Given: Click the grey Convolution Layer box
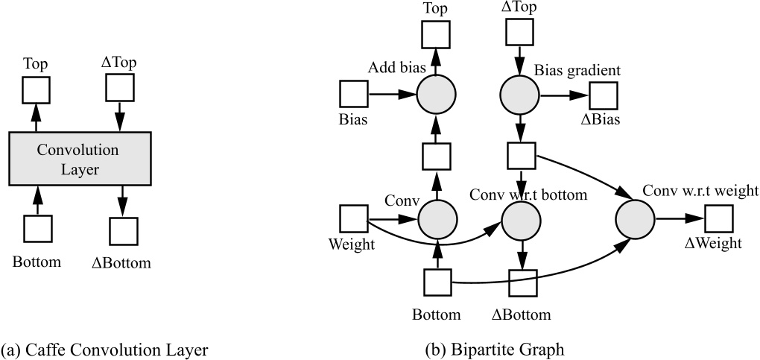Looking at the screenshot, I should [x=80, y=160].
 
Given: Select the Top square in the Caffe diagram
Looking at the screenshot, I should [x=36, y=89].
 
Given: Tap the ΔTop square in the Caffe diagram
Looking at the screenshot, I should [x=119, y=89].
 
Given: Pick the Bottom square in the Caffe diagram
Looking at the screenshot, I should [x=37, y=229].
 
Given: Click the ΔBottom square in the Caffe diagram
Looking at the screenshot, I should [x=123, y=231].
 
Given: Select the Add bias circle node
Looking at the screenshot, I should [x=437, y=95].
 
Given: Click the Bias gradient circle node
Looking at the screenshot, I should [x=520, y=95].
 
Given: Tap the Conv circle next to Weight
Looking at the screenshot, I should [x=437, y=220].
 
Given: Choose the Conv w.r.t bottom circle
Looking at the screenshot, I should [x=520, y=220].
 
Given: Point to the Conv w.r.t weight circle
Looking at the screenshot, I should [x=635, y=220].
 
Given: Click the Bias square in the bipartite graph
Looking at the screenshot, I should [x=354, y=95].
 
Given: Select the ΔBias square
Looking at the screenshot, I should [x=604, y=95].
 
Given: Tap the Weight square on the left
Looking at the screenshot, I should [x=354, y=219].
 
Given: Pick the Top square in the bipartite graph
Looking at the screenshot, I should [x=437, y=34].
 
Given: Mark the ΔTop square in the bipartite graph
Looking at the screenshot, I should [x=520, y=29].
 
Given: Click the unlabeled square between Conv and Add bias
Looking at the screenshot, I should [x=437, y=157].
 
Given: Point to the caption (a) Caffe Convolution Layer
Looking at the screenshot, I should [x=104, y=349].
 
